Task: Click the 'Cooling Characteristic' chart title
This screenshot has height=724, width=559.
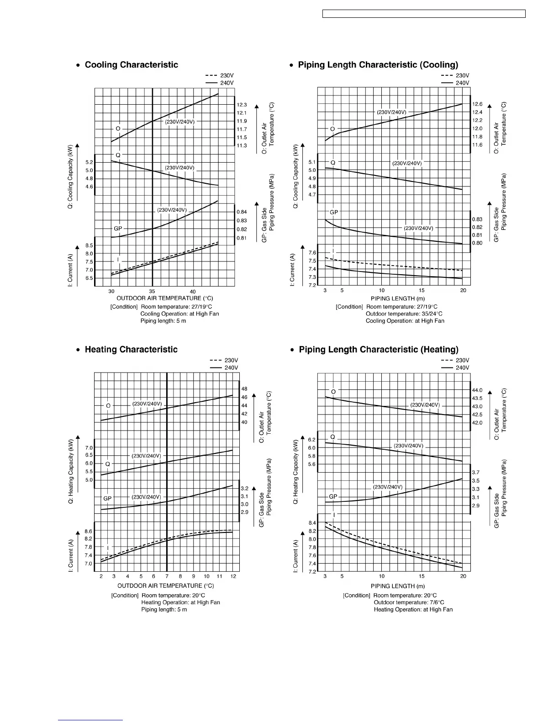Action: pyautogui.click(x=132, y=65)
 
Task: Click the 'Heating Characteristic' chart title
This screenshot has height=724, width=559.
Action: pyautogui.click(x=131, y=350)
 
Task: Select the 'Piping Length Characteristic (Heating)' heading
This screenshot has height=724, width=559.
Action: pyautogui.click(x=379, y=350)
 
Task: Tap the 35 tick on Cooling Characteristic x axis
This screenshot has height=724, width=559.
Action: pyautogui.click(x=152, y=292)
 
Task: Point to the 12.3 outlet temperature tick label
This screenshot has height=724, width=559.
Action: pyautogui.click(x=242, y=105)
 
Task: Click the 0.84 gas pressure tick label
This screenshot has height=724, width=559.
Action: pyautogui.click(x=242, y=212)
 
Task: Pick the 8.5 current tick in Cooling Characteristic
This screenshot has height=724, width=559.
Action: pyautogui.click(x=89, y=245)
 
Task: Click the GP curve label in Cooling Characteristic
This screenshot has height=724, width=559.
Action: pyautogui.click(x=118, y=228)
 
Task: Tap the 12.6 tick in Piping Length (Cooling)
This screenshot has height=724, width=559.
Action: pyautogui.click(x=477, y=104)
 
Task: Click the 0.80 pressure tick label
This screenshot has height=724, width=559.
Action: pyautogui.click(x=477, y=243)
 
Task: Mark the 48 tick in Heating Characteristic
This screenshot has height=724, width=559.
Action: pyautogui.click(x=244, y=389)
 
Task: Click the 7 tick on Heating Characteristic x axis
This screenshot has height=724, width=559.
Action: pyautogui.click(x=167, y=576)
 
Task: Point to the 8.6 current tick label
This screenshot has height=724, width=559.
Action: pyautogui.click(x=88, y=531)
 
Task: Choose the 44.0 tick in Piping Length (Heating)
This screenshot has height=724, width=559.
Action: pyautogui.click(x=477, y=390)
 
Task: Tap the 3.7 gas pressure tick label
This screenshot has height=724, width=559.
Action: pyautogui.click(x=476, y=473)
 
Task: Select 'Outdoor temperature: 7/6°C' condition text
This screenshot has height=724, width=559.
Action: pyautogui.click(x=409, y=602)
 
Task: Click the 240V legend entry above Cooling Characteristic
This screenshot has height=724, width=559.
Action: pyautogui.click(x=227, y=83)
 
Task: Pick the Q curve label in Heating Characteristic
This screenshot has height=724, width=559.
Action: pyautogui.click(x=108, y=464)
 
